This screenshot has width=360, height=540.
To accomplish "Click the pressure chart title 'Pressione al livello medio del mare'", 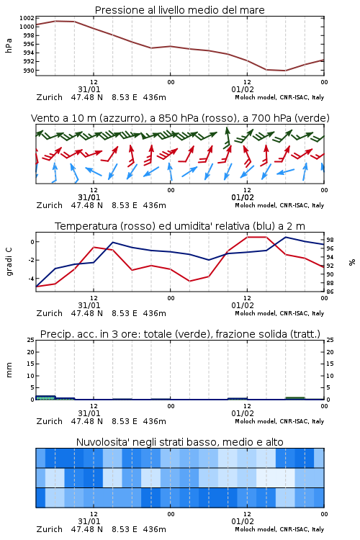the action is (x=179, y=10).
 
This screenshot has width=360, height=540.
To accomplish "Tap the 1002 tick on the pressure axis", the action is (x=27, y=18).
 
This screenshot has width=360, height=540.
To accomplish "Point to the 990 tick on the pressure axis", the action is (x=28, y=71).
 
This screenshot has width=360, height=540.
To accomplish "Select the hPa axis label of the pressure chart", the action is (x=9, y=45).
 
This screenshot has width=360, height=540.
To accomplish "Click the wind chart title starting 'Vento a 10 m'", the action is (x=180, y=118).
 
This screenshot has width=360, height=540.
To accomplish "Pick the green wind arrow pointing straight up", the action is (x=227, y=138).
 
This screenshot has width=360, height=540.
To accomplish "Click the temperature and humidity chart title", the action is (x=180, y=226).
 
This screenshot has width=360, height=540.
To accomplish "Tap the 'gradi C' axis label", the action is (x=9, y=262).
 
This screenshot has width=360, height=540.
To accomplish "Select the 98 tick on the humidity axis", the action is (x=330, y=240).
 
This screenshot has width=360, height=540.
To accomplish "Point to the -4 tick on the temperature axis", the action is (x=31, y=278).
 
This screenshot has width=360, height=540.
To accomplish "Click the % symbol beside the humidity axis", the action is (x=352, y=262).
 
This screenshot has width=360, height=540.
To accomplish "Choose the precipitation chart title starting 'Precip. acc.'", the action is (x=180, y=334).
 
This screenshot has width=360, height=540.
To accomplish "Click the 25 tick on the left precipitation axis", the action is (x=31, y=340).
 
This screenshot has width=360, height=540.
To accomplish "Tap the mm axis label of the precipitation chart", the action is (x=9, y=370).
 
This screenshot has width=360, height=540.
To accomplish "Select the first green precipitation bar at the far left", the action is (x=45, y=397).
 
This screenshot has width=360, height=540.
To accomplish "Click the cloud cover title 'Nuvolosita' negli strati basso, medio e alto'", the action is (x=179, y=442).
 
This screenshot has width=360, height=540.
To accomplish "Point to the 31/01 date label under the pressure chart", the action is (x=89, y=89).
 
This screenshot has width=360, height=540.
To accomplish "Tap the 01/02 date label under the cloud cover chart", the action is (x=243, y=521).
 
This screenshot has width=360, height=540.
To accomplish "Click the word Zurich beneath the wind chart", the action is (x=49, y=205).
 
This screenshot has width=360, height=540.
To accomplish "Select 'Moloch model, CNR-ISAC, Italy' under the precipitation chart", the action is (x=279, y=421).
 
